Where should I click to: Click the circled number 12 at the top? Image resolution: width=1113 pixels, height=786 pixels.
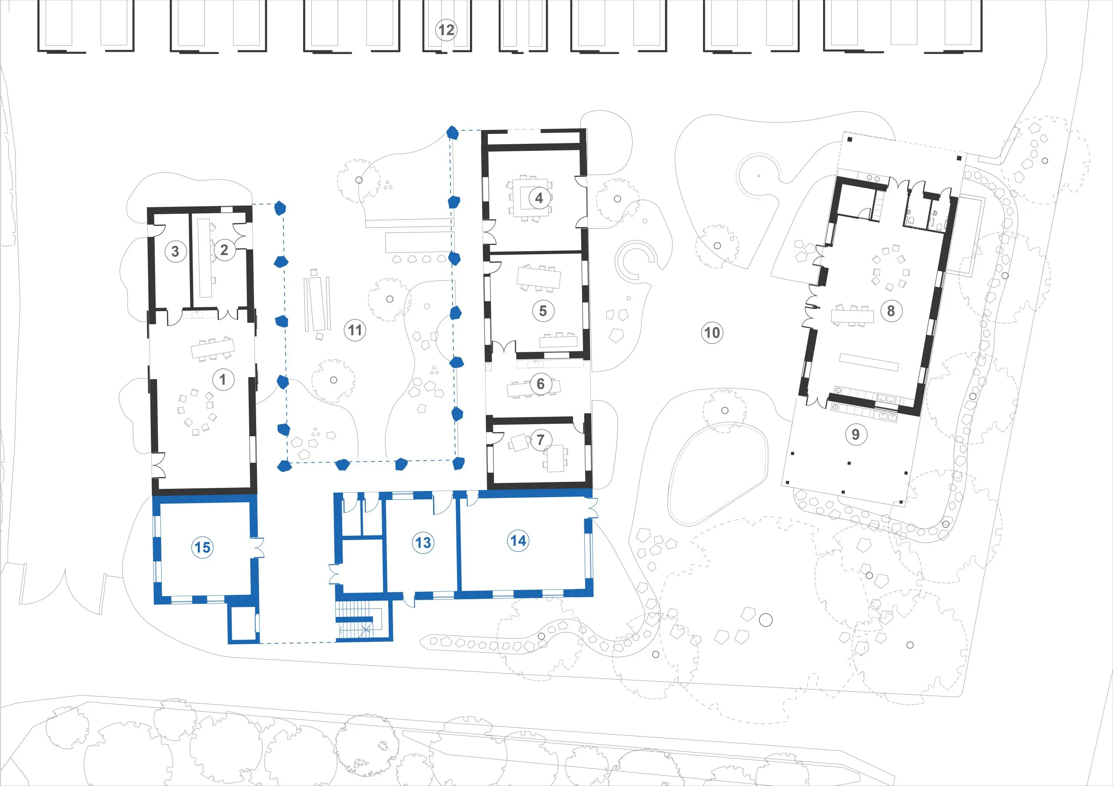pos(446,30)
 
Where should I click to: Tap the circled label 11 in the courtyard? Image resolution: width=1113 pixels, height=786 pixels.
pos(355,331)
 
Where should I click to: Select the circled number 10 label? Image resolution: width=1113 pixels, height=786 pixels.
pos(712,332)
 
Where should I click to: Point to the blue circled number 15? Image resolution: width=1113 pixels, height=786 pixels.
pos(202,547)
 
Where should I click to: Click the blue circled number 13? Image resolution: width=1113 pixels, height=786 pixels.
pos(423,542)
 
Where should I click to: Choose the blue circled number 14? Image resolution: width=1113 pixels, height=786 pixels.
pos(518,541)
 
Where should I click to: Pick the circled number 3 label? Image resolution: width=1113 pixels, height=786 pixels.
pos(176,251)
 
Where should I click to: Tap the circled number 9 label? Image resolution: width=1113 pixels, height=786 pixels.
pos(856,434)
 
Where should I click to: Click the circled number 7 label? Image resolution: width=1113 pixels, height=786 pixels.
pos(540,440)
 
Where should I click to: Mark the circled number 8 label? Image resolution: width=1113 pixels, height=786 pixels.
pos(891,311)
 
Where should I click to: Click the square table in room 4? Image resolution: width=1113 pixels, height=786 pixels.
pos(530,198)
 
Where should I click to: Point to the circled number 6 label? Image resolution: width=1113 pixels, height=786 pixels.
pos(540,384)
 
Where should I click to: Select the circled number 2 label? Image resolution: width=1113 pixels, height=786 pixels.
pos(224,250)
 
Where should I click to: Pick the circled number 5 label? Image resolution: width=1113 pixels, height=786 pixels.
pos(543,311)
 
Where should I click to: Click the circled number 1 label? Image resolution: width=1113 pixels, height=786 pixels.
pos(223,379)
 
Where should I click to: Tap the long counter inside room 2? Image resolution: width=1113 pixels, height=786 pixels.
pos(204,258)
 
